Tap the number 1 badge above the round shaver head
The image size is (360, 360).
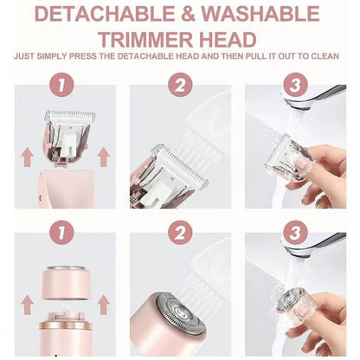click(x=60, y=233)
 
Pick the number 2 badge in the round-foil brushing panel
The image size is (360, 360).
click(x=179, y=233)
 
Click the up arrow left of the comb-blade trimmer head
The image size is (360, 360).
click(x=28, y=156)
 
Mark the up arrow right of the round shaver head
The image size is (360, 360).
click(x=104, y=305)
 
